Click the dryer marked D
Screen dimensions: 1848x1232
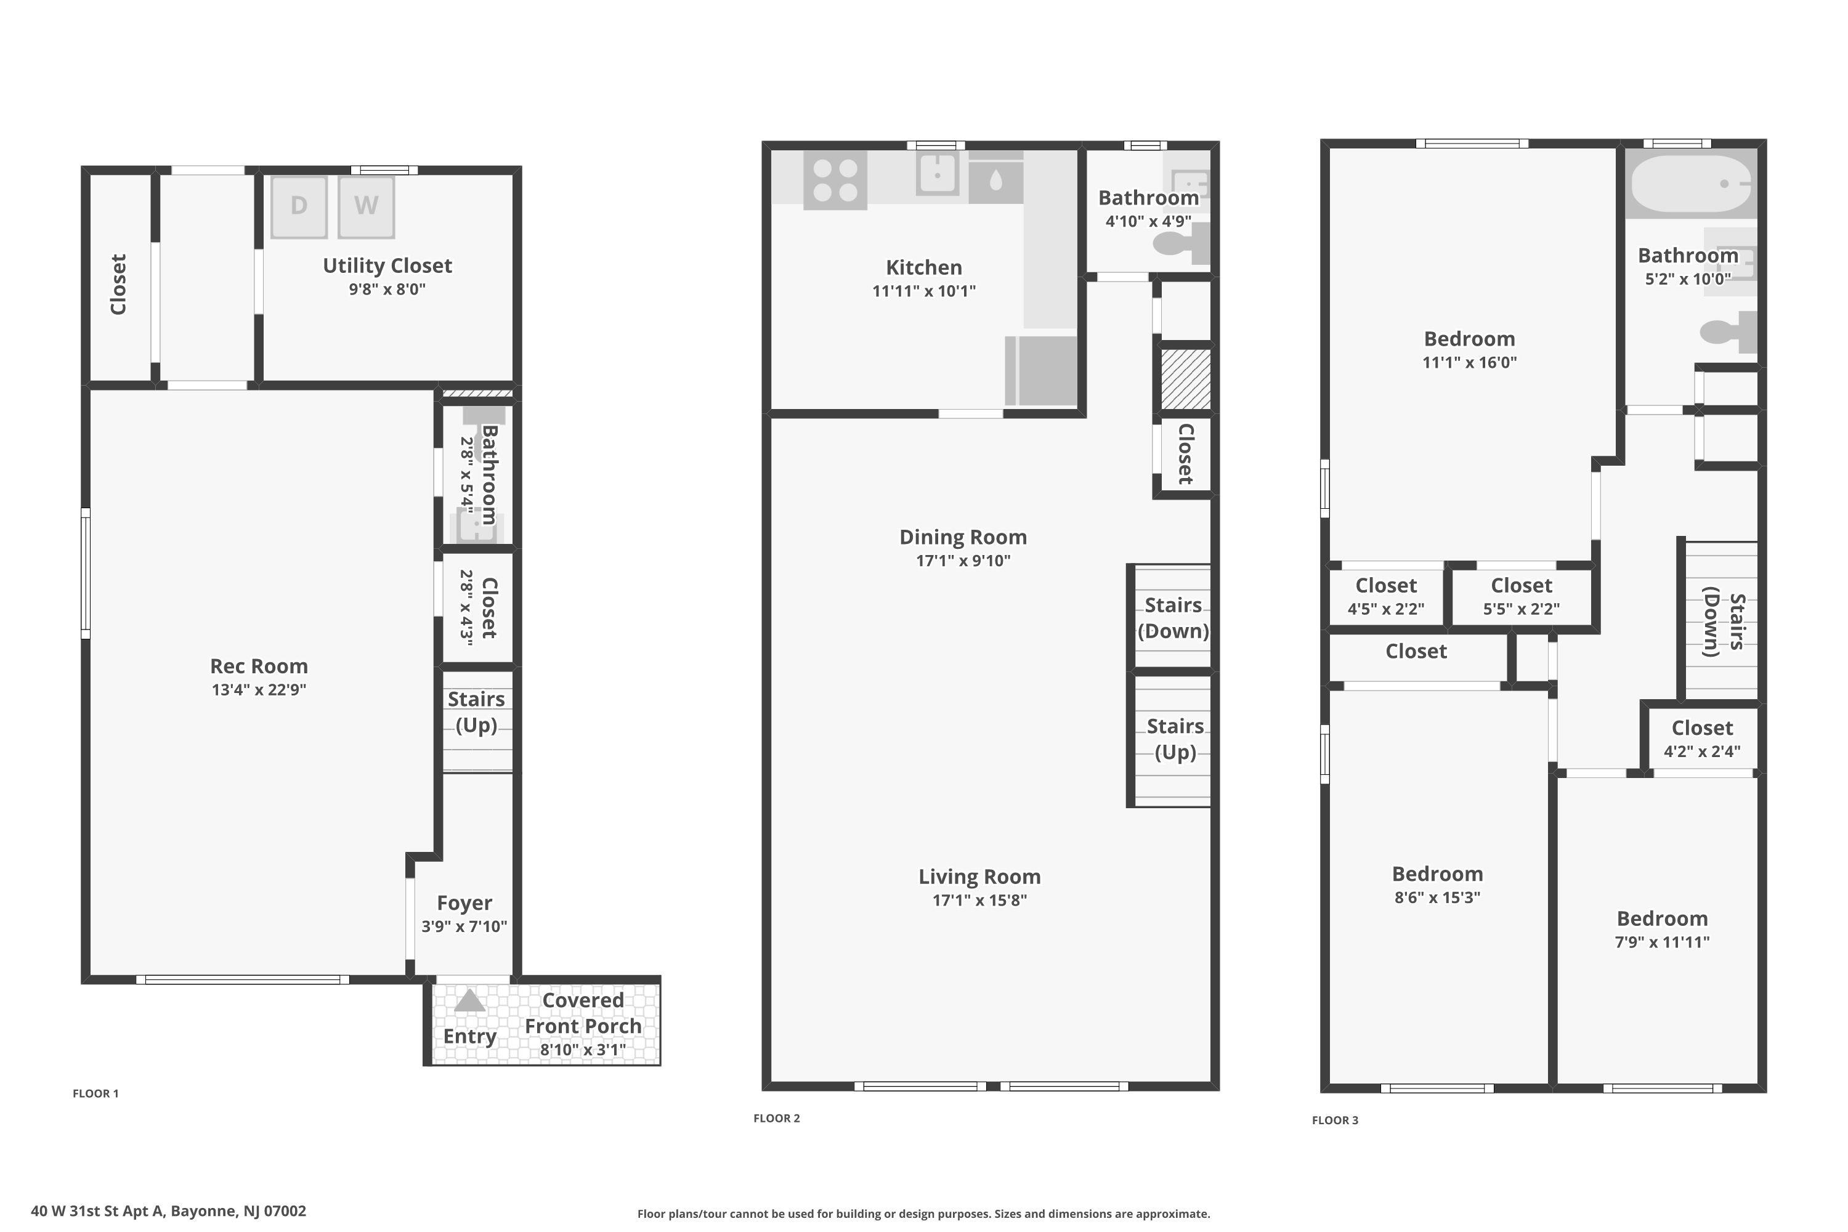pos(299,206)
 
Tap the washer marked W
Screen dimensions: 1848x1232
pos(366,206)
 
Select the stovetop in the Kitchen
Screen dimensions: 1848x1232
pos(835,180)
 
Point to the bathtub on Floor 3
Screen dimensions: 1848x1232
pos(1691,184)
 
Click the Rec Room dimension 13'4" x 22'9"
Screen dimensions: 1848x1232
pos(259,690)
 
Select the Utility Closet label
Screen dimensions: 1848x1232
pos(387,265)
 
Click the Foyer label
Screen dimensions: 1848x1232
pos(464,903)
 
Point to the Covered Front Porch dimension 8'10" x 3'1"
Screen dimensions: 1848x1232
pos(583,1049)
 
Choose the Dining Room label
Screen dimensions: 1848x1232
pos(963,537)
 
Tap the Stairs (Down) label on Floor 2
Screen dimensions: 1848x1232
pos(1173,618)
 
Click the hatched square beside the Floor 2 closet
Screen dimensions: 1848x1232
pos(1186,379)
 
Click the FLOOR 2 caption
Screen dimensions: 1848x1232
pos(776,1118)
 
